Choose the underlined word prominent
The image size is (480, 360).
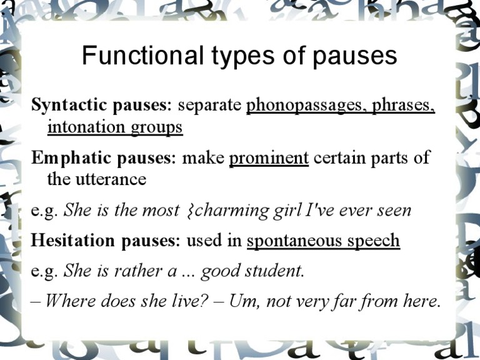(269, 157)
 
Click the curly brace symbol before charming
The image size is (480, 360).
(190, 211)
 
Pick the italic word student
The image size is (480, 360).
(279, 271)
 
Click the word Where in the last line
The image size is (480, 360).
(70, 301)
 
